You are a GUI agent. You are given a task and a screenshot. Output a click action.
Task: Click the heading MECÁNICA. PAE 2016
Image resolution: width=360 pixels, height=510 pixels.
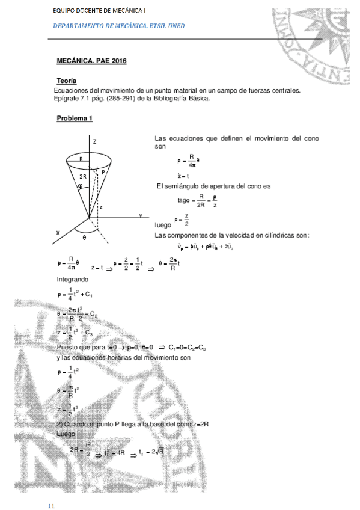coord(91,61)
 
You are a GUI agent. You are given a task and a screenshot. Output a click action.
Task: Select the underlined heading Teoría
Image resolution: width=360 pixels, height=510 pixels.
coord(66,81)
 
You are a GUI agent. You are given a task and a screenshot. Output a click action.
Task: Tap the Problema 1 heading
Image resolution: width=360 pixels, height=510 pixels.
coord(75,118)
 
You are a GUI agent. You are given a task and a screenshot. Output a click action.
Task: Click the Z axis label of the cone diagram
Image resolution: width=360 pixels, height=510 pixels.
coord(94,140)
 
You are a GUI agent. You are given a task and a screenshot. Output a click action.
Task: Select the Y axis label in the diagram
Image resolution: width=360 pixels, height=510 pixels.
coord(140,215)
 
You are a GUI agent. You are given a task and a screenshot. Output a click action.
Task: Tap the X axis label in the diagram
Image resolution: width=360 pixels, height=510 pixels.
coord(58,232)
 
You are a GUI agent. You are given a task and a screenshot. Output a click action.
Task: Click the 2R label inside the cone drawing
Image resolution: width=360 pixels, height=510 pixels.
coord(83,176)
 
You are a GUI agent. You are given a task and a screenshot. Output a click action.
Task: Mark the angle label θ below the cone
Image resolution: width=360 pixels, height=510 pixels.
coord(84,238)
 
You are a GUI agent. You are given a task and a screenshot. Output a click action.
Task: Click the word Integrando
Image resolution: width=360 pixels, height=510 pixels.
coord(73,280)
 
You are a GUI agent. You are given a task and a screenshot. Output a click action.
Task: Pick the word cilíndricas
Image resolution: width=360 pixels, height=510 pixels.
coord(274,235)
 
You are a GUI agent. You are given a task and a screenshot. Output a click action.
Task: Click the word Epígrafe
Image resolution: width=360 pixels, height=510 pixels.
coord(68,99)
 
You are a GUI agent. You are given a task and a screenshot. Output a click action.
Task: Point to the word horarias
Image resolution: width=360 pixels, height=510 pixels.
coord(130,357)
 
